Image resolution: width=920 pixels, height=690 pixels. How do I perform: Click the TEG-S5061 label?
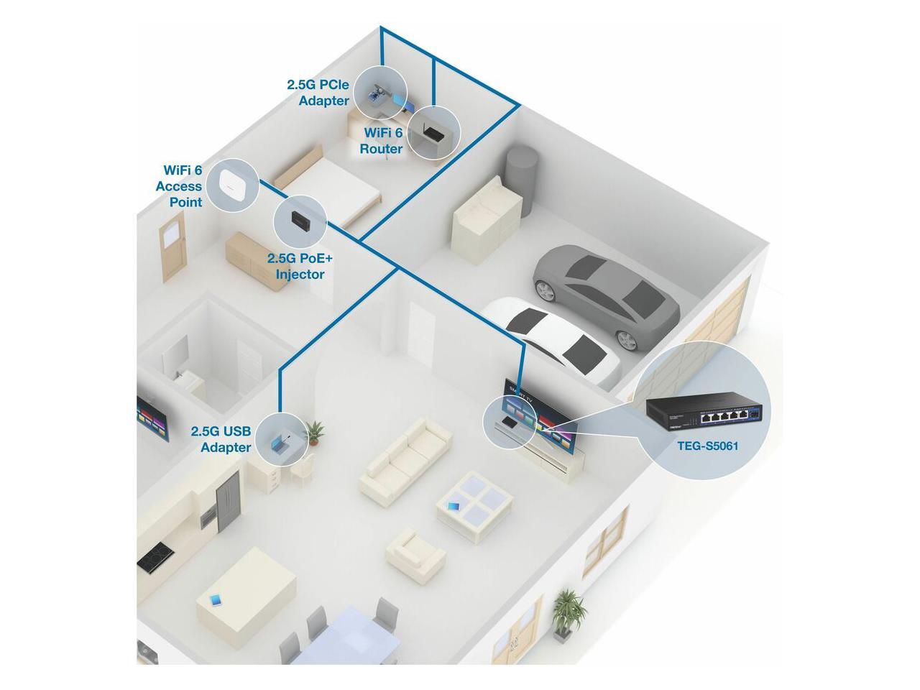click(708, 446)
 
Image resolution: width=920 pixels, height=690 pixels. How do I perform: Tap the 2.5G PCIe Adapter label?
click(318, 93)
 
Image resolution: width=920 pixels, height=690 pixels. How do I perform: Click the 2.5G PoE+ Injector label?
click(295, 265)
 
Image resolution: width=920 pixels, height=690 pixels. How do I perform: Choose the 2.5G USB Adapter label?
click(221, 439)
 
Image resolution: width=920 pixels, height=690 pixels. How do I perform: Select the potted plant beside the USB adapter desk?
click(315, 433)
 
